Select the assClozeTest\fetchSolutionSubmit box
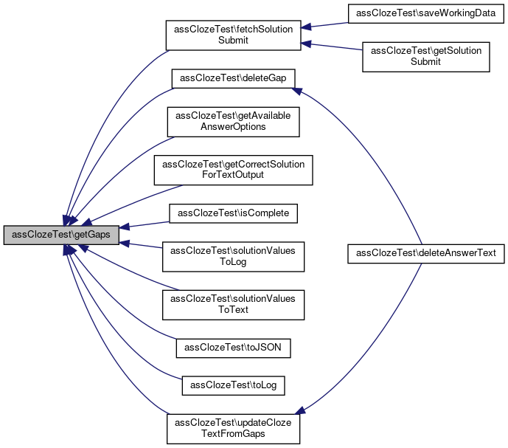(x=233, y=35)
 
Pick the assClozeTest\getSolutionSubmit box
(x=425, y=56)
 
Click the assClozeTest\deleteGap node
(x=233, y=79)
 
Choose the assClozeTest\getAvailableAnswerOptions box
(x=233, y=121)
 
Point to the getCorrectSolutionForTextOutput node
(x=233, y=170)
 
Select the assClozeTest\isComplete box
(x=233, y=213)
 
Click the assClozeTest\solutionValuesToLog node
(x=233, y=256)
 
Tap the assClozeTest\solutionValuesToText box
(x=233, y=304)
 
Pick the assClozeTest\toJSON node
(x=233, y=347)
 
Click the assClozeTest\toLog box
(x=233, y=385)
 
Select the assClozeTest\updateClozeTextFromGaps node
(x=233, y=428)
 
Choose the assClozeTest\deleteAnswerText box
(x=425, y=253)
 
